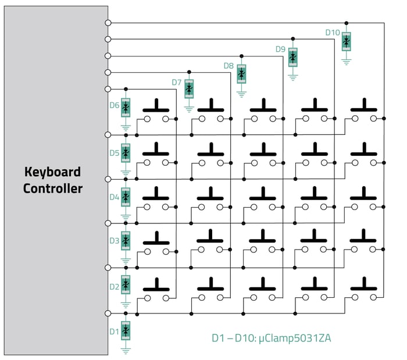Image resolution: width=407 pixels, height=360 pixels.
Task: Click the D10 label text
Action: tap(333, 33)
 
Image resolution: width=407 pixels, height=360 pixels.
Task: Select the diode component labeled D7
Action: tap(189, 89)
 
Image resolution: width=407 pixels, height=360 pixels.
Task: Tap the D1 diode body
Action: tap(126, 330)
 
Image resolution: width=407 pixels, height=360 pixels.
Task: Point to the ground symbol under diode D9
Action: tap(293, 77)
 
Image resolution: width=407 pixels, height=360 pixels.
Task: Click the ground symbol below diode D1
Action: tap(126, 351)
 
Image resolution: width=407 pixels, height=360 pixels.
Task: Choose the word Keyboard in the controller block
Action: tap(52, 172)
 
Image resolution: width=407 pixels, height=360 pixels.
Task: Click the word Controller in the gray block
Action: tap(53, 188)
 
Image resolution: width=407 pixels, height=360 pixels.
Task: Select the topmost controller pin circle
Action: tap(108, 23)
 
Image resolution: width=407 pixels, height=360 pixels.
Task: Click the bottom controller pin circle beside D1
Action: tap(108, 313)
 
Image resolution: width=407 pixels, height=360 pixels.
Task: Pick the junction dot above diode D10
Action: tap(347, 23)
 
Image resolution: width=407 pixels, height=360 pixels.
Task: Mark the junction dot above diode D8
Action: tap(241, 56)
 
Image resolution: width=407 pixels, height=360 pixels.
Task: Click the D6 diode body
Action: tap(126, 108)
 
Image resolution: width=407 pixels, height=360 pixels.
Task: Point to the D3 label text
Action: tap(114, 241)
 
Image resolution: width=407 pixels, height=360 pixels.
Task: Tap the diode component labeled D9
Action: tap(293, 57)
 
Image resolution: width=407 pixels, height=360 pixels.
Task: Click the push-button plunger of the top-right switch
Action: tap(364, 105)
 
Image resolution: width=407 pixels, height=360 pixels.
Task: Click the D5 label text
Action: tap(114, 153)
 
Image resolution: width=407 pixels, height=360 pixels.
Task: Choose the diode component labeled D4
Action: tap(126, 197)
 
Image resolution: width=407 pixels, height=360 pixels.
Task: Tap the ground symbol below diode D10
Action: tap(347, 62)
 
